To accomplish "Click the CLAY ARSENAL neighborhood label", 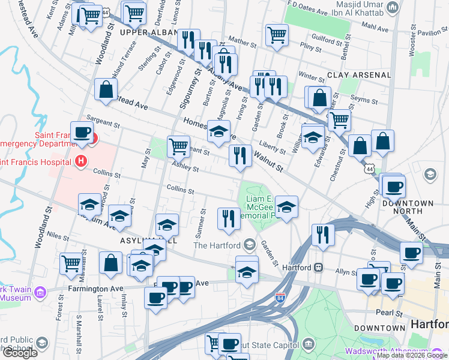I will coord(359,75).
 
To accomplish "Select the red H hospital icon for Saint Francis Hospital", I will coord(80,161).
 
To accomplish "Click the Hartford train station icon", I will coord(319,267).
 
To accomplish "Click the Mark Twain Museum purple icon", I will coord(40,293).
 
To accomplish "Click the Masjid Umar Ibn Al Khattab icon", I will coord(393,7).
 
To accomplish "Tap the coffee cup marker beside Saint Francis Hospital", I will coord(82,133).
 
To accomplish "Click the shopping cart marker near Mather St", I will coord(277,34).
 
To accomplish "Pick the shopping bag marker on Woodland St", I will coord(106,89).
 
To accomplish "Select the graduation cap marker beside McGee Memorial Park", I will coord(286,207).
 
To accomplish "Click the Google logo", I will coord(19,353).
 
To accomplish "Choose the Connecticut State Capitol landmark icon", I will coord(309,344).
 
